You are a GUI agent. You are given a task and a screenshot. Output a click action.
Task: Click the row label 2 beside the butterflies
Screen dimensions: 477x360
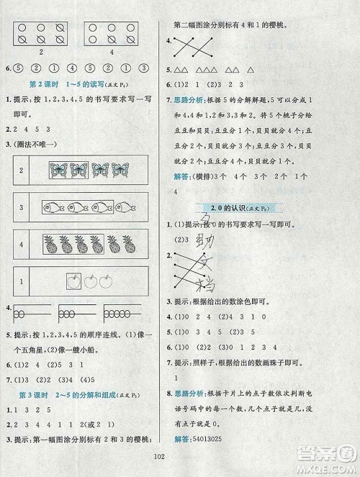[x=22, y=170]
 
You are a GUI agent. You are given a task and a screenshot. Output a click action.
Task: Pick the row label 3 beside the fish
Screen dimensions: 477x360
[x=22, y=206]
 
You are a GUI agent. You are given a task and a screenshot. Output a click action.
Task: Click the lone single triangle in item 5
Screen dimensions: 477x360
[x=251, y=71]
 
